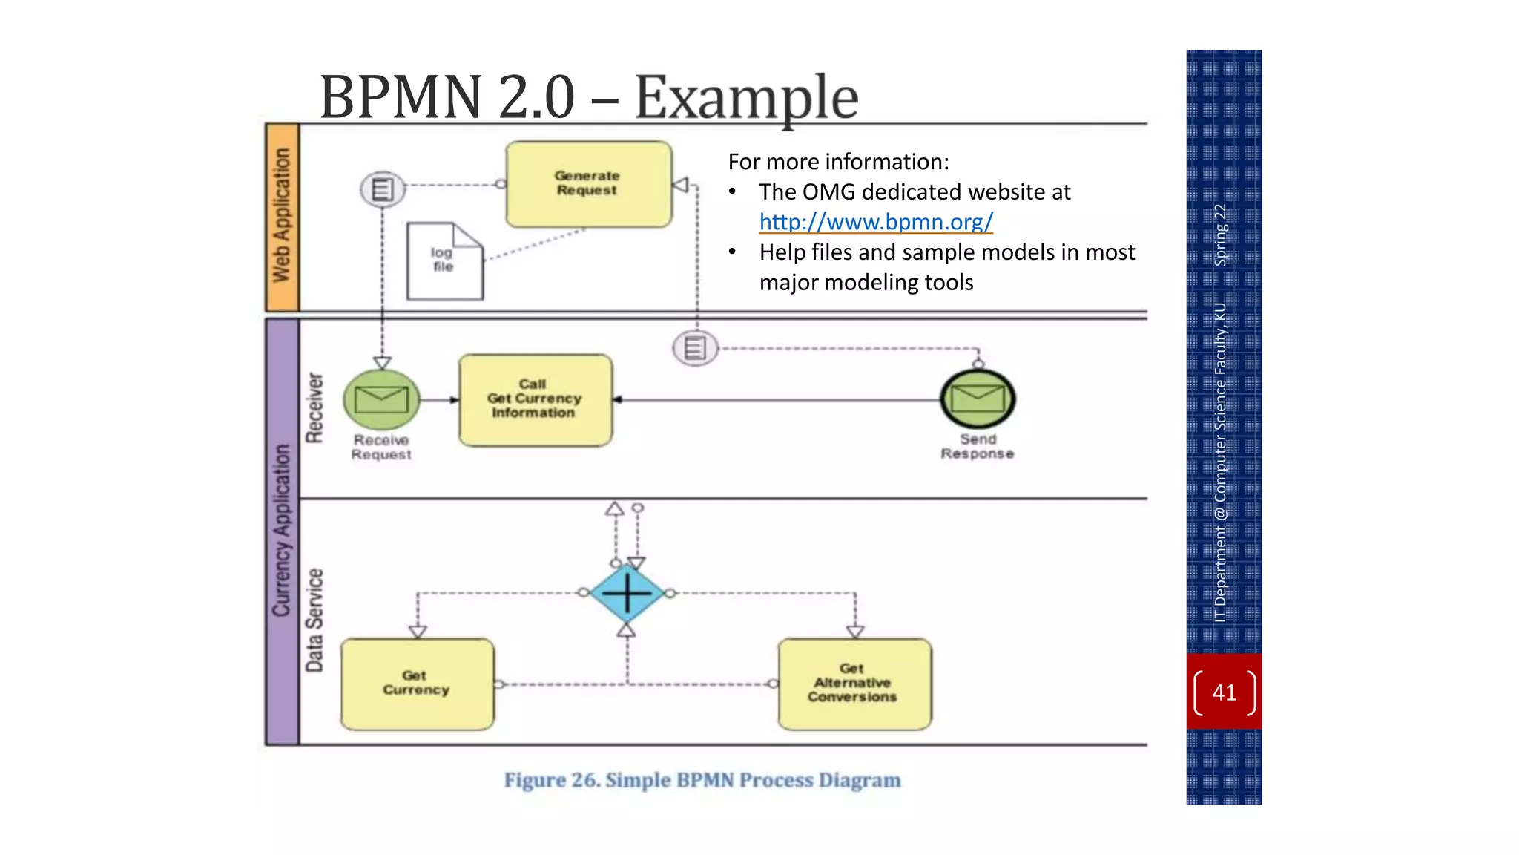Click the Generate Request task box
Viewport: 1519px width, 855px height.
click(x=588, y=184)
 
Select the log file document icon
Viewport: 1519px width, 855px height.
click(x=444, y=261)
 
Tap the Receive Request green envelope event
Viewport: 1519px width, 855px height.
click(x=381, y=399)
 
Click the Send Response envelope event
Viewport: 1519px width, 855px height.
click(x=978, y=399)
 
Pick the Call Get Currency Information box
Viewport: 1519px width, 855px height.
click(x=536, y=399)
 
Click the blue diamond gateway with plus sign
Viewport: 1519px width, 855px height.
click(x=627, y=593)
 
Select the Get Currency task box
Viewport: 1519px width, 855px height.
click(x=417, y=684)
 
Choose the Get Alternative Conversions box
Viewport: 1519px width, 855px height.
click(x=854, y=684)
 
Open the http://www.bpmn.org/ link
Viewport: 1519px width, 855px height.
click(x=875, y=222)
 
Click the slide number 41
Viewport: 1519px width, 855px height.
click(x=1224, y=692)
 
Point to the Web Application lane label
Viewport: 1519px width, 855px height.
click(x=282, y=216)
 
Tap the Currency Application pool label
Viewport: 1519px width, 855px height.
click(x=282, y=531)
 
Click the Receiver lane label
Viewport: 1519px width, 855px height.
click(x=315, y=408)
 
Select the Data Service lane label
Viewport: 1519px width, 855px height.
click(x=315, y=620)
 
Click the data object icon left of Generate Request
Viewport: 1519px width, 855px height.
click(x=383, y=189)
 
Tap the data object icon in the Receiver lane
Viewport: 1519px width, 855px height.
click(x=695, y=348)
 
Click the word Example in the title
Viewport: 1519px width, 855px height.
click(x=746, y=97)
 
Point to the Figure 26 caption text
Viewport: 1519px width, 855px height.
click(x=702, y=780)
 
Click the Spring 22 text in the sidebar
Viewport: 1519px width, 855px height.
click(x=1220, y=235)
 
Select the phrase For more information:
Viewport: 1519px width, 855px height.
click(x=838, y=162)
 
